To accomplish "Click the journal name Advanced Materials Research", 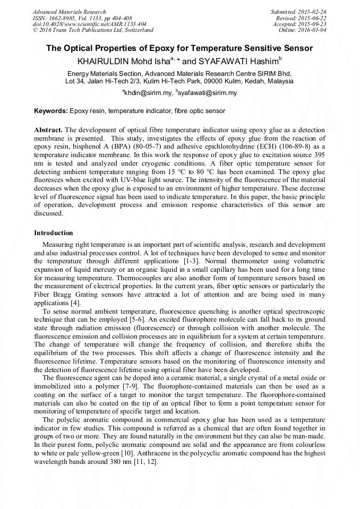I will pyautogui.click(x=70, y=12).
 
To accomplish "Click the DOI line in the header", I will pyautogui.click(x=90, y=24).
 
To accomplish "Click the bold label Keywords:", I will pyautogui.click(x=51, y=111).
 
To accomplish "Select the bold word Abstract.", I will pyautogui.click(x=49, y=130).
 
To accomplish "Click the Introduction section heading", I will pyautogui.click(x=54, y=232).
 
